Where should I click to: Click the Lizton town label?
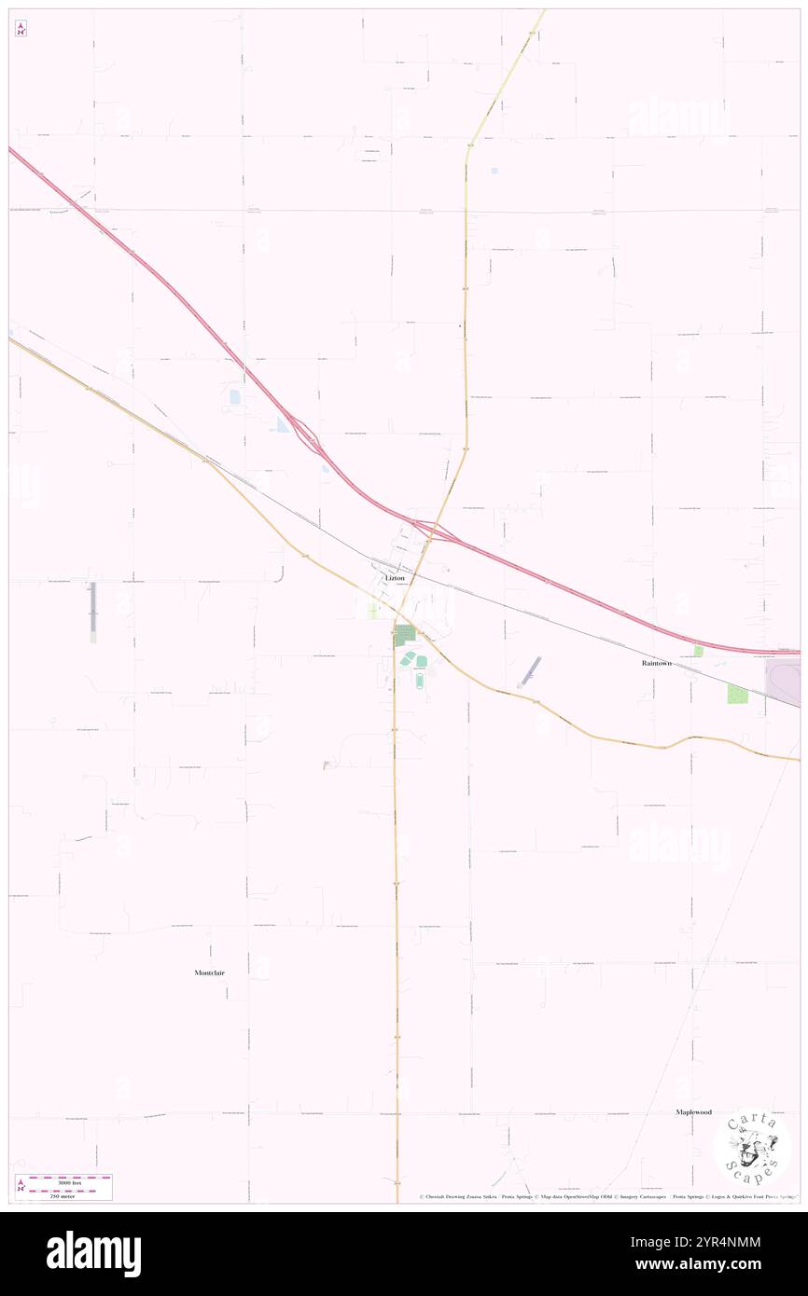(395, 578)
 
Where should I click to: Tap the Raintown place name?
(656, 663)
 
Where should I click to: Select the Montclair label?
(209, 972)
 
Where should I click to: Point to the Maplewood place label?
(693, 1112)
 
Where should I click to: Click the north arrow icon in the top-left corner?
(21, 29)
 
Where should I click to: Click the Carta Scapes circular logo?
(752, 1148)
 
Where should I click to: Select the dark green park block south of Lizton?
(404, 636)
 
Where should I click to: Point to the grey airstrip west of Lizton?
(92, 612)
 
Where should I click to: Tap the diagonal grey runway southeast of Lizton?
(529, 670)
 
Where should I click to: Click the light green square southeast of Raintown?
(737, 694)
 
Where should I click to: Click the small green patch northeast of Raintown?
(697, 651)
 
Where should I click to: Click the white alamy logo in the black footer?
(93, 1253)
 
